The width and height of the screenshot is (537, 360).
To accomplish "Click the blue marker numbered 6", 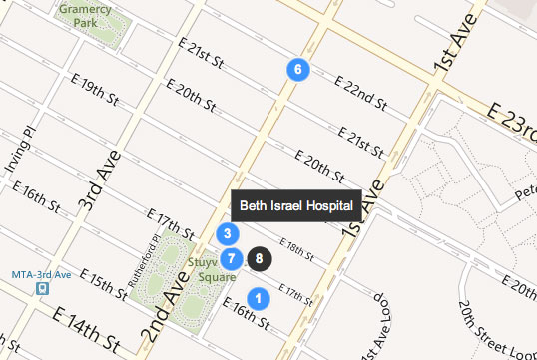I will tap(297, 69).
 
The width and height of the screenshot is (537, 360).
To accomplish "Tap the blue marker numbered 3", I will tap(228, 235).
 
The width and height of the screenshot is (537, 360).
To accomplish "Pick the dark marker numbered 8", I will tap(259, 258).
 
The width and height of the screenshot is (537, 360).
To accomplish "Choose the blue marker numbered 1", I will tap(257, 298).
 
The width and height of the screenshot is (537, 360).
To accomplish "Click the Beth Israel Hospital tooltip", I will tap(295, 205).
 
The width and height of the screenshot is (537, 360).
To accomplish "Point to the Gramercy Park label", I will tap(86, 14).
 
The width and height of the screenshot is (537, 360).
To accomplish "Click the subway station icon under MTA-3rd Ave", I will tap(41, 289).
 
